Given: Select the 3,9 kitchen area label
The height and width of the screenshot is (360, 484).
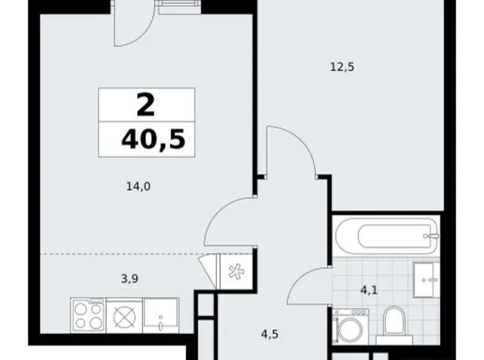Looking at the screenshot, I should coord(128,279).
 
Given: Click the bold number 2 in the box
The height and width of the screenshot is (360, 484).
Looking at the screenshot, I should coord(146,105).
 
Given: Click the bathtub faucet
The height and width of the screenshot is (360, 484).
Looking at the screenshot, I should coord(431,236).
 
